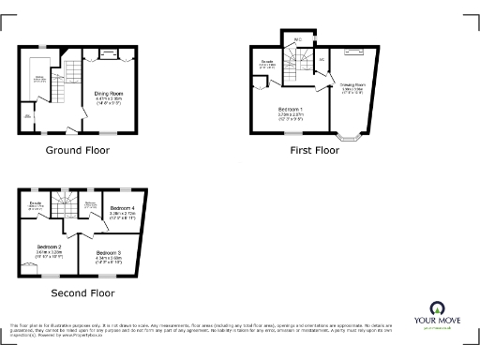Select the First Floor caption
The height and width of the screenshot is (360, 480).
pos(315,150)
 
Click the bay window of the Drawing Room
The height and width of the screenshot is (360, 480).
pos(349,139)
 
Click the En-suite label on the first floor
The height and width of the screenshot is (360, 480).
pos(267,63)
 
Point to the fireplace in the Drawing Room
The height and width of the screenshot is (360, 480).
pos(352,49)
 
